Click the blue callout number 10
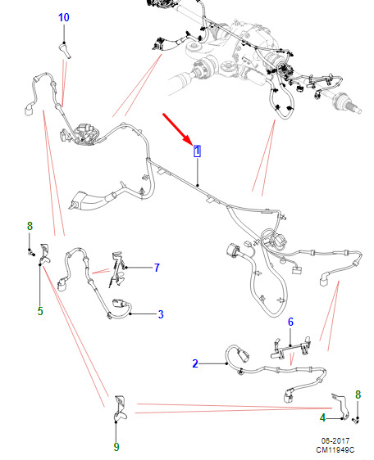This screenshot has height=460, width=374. point(64,17)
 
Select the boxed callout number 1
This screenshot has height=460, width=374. point(197,151)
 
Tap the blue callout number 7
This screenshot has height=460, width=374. point(157,268)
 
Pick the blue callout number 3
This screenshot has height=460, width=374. point(161,314)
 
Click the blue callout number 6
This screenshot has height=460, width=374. point(290,322)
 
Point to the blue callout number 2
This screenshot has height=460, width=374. point(195,363)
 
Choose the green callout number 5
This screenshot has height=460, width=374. point(40,311)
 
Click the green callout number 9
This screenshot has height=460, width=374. point(116,447)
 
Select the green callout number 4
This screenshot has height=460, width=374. point(323,417)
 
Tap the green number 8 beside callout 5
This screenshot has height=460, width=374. point(30,226)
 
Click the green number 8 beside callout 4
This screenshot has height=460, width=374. point(358,395)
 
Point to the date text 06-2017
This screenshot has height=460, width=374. point(335,440)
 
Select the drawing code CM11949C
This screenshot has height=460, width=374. point(335,449)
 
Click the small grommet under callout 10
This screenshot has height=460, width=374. point(65,50)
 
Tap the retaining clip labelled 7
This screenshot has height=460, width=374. point(117,269)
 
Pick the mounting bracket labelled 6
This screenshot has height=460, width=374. point(290,349)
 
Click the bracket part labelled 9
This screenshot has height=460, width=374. point(120,408)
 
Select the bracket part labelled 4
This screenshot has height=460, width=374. point(341,406)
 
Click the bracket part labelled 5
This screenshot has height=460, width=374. point(44,254)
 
